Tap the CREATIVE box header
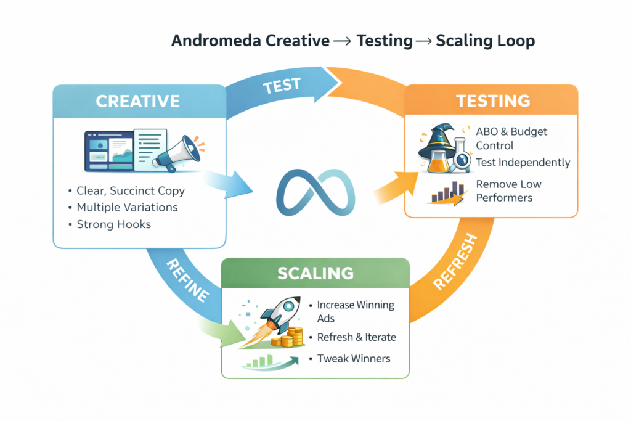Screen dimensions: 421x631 click(138, 101)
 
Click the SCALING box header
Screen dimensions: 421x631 click(315, 272)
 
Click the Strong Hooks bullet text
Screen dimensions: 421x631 click(114, 224)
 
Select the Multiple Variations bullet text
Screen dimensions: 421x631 click(128, 207)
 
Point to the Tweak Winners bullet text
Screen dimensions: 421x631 click(354, 358)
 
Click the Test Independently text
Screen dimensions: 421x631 click(523, 163)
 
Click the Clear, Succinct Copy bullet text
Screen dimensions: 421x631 click(131, 190)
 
